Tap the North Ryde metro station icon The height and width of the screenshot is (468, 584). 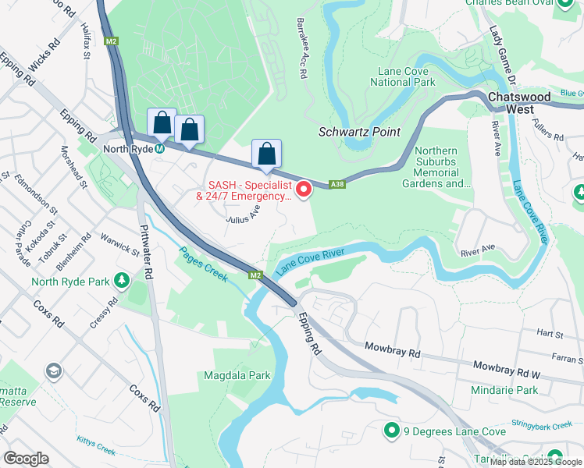pos(159,147)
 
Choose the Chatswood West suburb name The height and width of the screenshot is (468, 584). pos(518,102)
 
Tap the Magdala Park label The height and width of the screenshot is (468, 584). pos(237,375)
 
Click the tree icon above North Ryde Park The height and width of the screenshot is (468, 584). pos(121,279)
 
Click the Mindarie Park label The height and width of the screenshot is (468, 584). pos(504,389)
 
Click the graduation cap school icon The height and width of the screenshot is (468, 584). pos(54,370)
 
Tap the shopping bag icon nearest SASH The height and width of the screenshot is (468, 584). pos(266,153)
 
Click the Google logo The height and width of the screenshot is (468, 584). pos(27,459)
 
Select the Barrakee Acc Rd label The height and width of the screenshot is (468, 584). pos(300,48)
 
